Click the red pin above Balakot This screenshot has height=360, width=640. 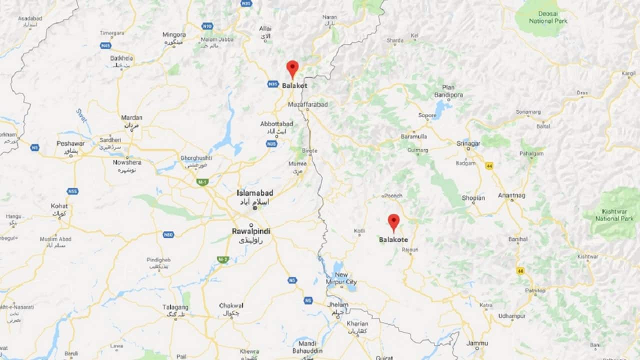[x=292, y=68]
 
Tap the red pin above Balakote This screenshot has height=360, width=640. [x=394, y=221]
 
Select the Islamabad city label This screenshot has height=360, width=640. [x=255, y=193]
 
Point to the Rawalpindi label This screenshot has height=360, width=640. [x=251, y=231]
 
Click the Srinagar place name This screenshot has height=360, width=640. [x=468, y=143]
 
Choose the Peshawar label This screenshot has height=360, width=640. [x=70, y=143]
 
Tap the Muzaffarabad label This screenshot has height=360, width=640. [x=308, y=104]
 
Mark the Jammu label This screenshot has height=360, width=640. [x=477, y=343]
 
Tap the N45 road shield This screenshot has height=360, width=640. [x=105, y=45]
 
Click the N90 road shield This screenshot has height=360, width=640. [x=207, y=25]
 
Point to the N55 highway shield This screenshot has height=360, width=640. [x=72, y=191]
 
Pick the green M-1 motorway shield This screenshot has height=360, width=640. [x=202, y=181]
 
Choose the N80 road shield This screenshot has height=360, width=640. [x=168, y=234]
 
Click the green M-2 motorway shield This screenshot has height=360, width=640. [x=222, y=259]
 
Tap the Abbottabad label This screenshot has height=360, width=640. [x=276, y=124]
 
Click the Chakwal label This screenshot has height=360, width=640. [x=231, y=305]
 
